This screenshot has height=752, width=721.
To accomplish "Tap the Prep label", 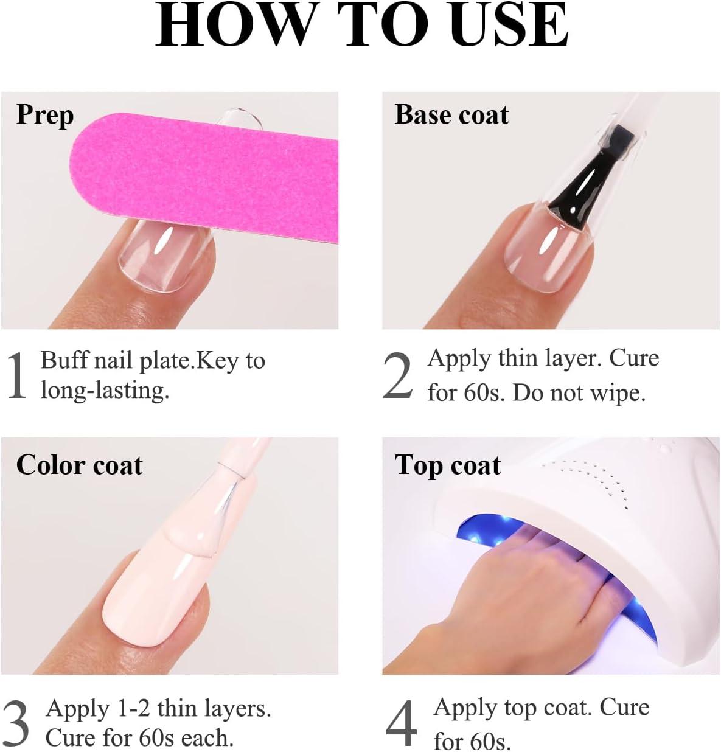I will (x=45, y=115).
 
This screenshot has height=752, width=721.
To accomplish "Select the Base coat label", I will (x=451, y=115).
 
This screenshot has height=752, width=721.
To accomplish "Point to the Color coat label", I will (x=79, y=465).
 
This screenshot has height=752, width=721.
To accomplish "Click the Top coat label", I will (x=448, y=465).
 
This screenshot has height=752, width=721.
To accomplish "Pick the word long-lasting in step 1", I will (x=105, y=390).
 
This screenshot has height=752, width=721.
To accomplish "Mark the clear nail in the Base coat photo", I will (x=545, y=249).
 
